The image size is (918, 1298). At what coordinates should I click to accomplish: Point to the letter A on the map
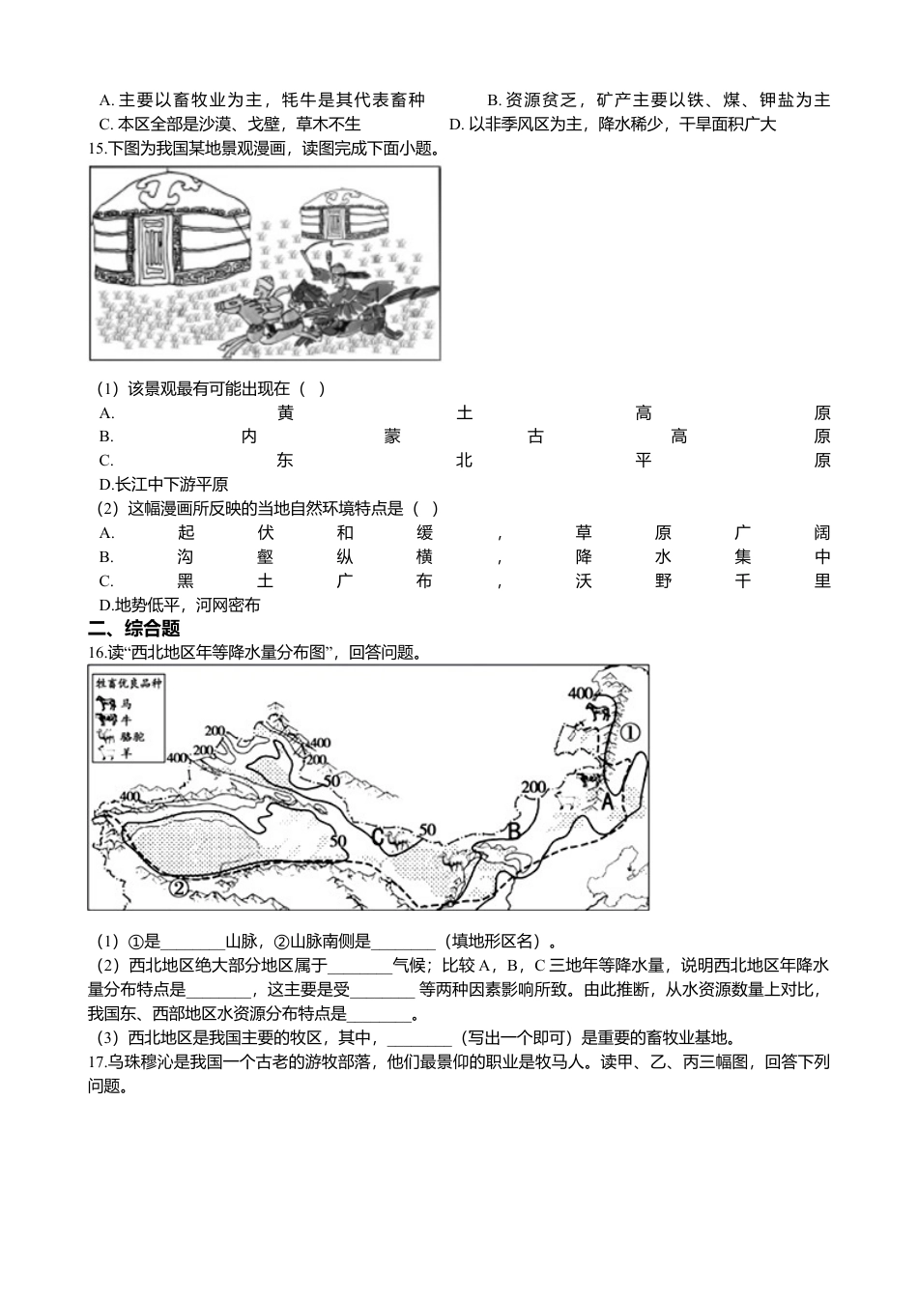pos(608,801)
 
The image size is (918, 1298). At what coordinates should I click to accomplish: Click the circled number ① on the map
pos(630,732)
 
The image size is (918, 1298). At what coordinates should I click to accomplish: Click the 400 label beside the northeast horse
pos(580,693)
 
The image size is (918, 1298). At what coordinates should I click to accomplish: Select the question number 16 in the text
pos(95,652)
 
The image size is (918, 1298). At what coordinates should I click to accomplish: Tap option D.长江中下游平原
pos(163,484)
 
